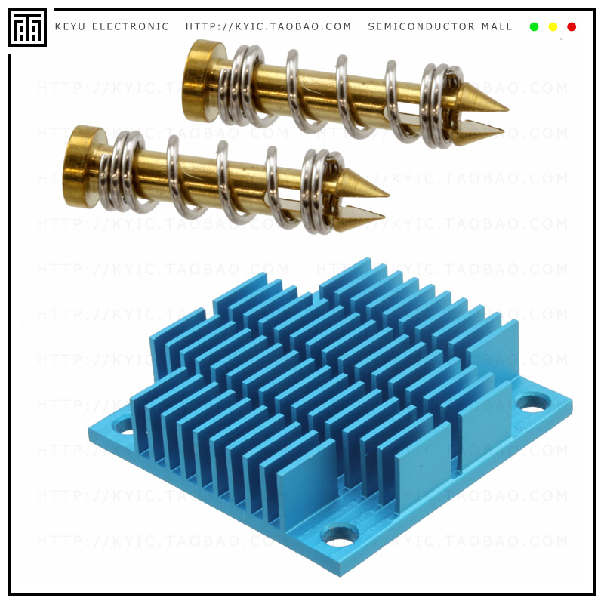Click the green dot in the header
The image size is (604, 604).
pos(534,26)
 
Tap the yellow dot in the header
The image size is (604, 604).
pos(553,26)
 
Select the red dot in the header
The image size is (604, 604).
pos(572,26)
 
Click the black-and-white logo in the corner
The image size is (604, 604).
pos(27,28)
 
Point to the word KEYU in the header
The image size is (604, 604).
pos(70,26)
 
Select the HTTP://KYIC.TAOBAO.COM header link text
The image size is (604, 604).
pos(269,26)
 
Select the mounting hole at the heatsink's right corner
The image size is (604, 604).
pos(533,403)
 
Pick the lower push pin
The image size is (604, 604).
pos(219,181)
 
